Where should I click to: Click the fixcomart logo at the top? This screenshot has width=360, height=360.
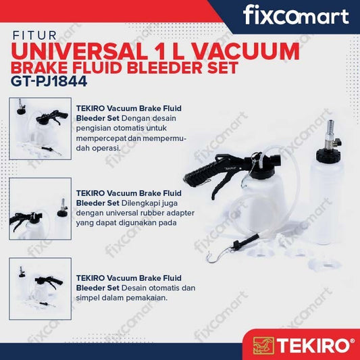click(296, 16)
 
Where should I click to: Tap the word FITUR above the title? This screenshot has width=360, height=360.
click(34, 36)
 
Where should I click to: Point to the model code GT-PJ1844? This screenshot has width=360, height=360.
click(49, 81)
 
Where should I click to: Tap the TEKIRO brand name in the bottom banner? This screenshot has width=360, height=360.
click(313, 345)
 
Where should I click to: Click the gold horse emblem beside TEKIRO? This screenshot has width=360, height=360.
click(263, 345)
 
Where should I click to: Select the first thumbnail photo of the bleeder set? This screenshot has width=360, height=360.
click(40, 128)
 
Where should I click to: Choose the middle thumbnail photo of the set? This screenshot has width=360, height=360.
click(40, 209)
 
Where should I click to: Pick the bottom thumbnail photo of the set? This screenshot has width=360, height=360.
click(40, 288)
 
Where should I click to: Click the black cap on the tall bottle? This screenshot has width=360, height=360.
click(326, 155)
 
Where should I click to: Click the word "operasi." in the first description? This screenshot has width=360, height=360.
click(106, 149)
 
